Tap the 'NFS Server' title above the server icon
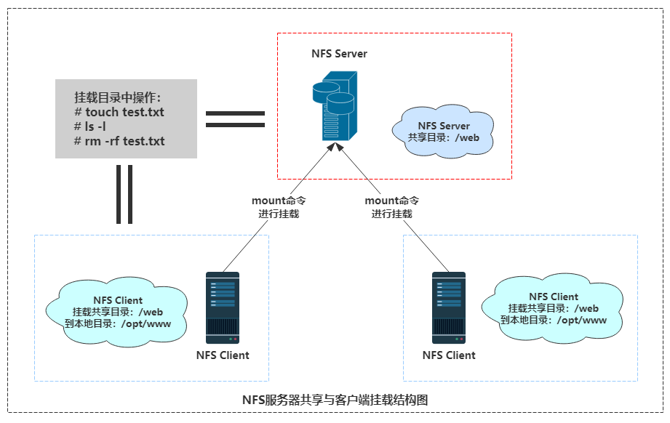(x=339, y=54)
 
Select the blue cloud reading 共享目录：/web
(x=443, y=132)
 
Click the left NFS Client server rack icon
(x=222, y=307)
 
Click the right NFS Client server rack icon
(x=449, y=307)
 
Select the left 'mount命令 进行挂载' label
(x=279, y=207)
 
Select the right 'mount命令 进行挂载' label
(x=391, y=207)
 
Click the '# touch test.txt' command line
(x=119, y=112)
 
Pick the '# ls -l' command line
(x=91, y=126)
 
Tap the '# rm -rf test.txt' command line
(x=119, y=141)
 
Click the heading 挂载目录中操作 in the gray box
(x=117, y=97)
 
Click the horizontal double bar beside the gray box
(x=235, y=119)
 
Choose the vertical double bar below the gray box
(x=124, y=194)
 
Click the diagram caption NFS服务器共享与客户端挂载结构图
(x=340, y=400)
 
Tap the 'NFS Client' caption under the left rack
(x=223, y=355)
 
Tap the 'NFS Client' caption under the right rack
(x=449, y=355)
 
